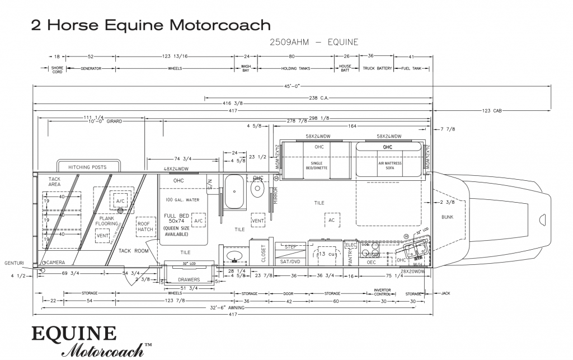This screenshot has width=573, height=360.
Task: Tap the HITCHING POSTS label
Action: coord(87,167)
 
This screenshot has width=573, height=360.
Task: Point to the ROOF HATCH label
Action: coord(145,226)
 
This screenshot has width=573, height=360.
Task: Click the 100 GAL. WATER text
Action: coord(182,200)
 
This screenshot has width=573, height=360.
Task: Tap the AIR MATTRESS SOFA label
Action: coord(388,165)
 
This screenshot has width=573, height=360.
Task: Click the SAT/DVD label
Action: coord(290,261)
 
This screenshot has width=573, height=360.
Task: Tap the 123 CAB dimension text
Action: coord(490,111)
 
